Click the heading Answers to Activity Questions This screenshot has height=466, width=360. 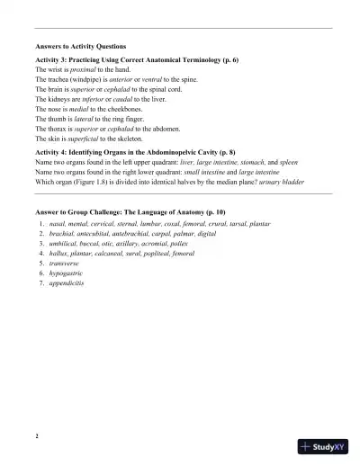80,46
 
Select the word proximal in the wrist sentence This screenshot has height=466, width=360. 77,69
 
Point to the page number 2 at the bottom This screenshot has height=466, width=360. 36,436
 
